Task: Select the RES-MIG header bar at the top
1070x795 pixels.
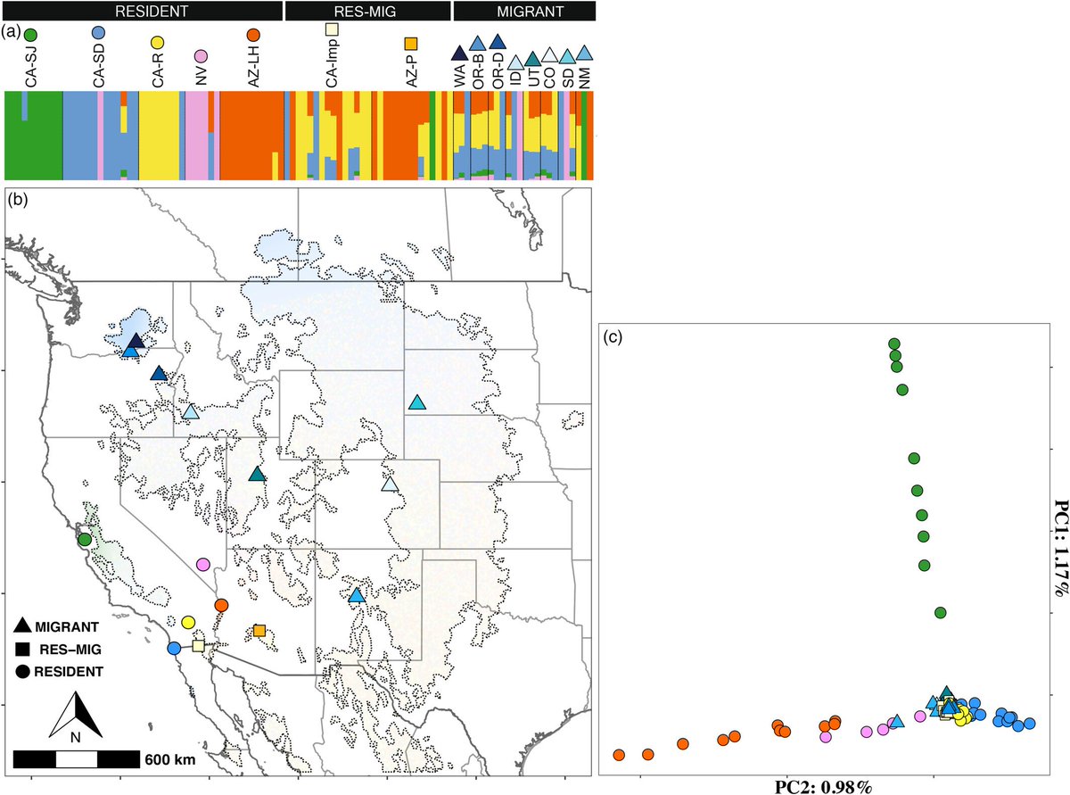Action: click(x=366, y=10)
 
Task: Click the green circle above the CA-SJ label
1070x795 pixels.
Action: click(x=30, y=34)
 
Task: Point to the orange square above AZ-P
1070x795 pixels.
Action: click(x=411, y=43)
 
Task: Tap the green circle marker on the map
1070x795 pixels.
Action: click(x=85, y=539)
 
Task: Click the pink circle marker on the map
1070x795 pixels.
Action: click(x=203, y=565)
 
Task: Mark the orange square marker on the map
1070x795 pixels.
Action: click(x=259, y=630)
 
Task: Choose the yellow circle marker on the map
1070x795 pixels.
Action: click(x=188, y=622)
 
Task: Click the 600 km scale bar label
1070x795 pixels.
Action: click(x=166, y=760)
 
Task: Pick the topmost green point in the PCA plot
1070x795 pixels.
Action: click(x=893, y=344)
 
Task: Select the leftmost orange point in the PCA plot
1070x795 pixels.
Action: click(x=619, y=755)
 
